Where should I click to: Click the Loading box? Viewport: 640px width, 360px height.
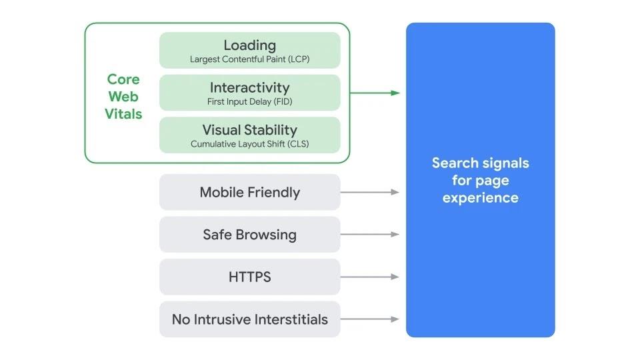[x=249, y=51]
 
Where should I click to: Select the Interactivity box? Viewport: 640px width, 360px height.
[x=249, y=93]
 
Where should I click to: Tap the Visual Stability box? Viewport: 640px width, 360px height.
[x=249, y=135]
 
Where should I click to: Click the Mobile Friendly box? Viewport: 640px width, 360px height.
[x=249, y=193]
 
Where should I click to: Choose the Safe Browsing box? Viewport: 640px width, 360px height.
[x=249, y=235]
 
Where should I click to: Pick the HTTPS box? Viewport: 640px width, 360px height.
[x=249, y=277]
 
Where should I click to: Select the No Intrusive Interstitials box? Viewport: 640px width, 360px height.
[x=249, y=319]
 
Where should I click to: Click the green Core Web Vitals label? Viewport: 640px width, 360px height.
[x=123, y=97]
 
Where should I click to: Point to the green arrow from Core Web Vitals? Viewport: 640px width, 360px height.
[x=375, y=93]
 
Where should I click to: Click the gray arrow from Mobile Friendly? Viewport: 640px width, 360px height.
[x=370, y=192]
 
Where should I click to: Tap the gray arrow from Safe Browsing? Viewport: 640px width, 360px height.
[x=370, y=235]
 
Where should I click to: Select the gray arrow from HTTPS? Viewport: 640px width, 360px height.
[x=370, y=277]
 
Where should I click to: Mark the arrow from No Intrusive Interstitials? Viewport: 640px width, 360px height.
[x=370, y=319]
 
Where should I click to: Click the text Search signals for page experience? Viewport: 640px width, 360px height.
[x=480, y=180]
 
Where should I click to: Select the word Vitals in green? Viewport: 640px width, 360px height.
[x=123, y=114]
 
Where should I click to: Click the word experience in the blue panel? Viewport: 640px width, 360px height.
[x=480, y=198]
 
